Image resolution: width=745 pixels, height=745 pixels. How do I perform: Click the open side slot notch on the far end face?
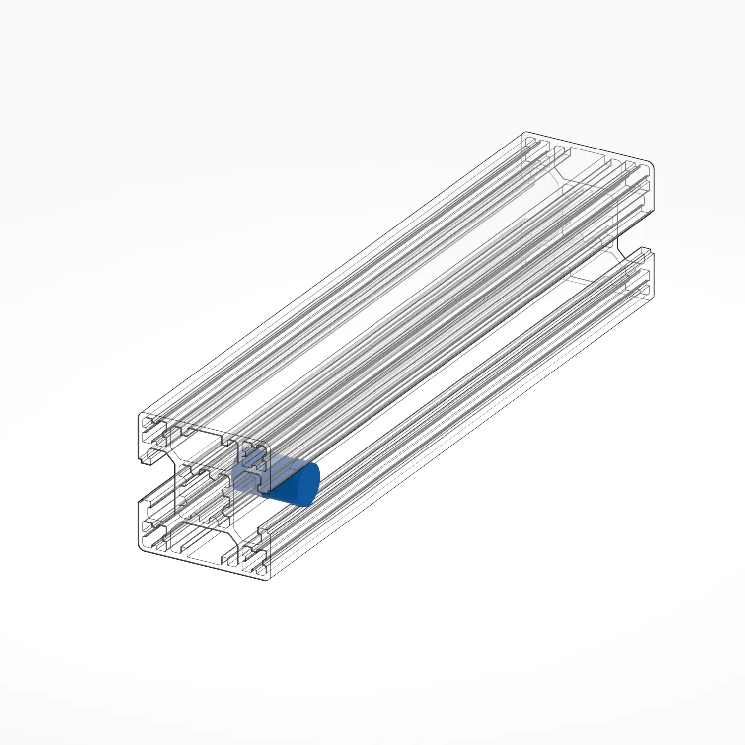point(636,233)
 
